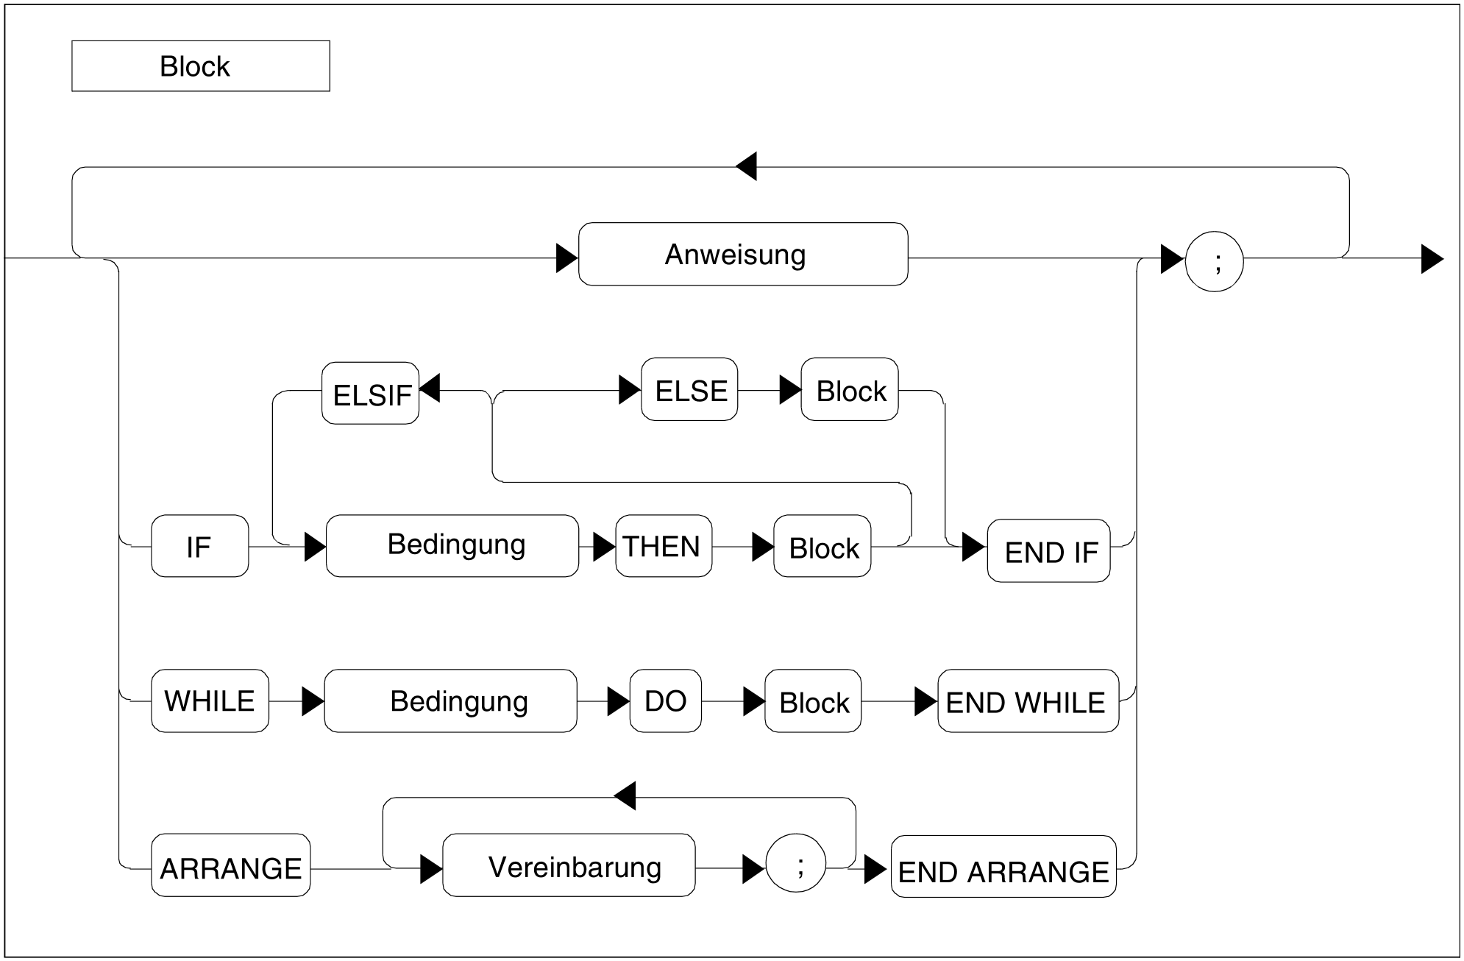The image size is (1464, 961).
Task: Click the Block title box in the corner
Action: (x=200, y=66)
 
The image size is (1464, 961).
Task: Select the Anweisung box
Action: (x=743, y=255)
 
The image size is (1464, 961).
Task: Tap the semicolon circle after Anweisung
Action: (x=1214, y=262)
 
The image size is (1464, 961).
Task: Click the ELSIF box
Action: (x=370, y=394)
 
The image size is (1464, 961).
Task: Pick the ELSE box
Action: (x=689, y=390)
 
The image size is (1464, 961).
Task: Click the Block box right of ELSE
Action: (x=850, y=390)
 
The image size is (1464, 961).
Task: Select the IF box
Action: (x=199, y=546)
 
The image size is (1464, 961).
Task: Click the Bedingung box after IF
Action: (x=452, y=546)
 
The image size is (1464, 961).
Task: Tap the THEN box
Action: (x=664, y=546)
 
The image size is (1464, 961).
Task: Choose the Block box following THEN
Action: (x=822, y=546)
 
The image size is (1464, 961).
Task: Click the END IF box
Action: (x=1048, y=551)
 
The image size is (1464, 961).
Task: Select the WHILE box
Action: (x=210, y=701)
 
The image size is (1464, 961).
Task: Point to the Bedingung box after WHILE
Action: (x=450, y=701)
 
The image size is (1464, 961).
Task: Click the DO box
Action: (x=665, y=701)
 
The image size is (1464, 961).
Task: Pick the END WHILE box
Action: (x=1028, y=701)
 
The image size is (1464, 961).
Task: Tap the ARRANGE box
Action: (x=230, y=865)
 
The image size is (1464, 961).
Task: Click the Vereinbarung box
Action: (x=569, y=865)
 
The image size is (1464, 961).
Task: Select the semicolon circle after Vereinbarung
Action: (x=796, y=863)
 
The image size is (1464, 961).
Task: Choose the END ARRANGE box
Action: (x=1003, y=867)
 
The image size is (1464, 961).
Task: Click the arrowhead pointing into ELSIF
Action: (x=430, y=388)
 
